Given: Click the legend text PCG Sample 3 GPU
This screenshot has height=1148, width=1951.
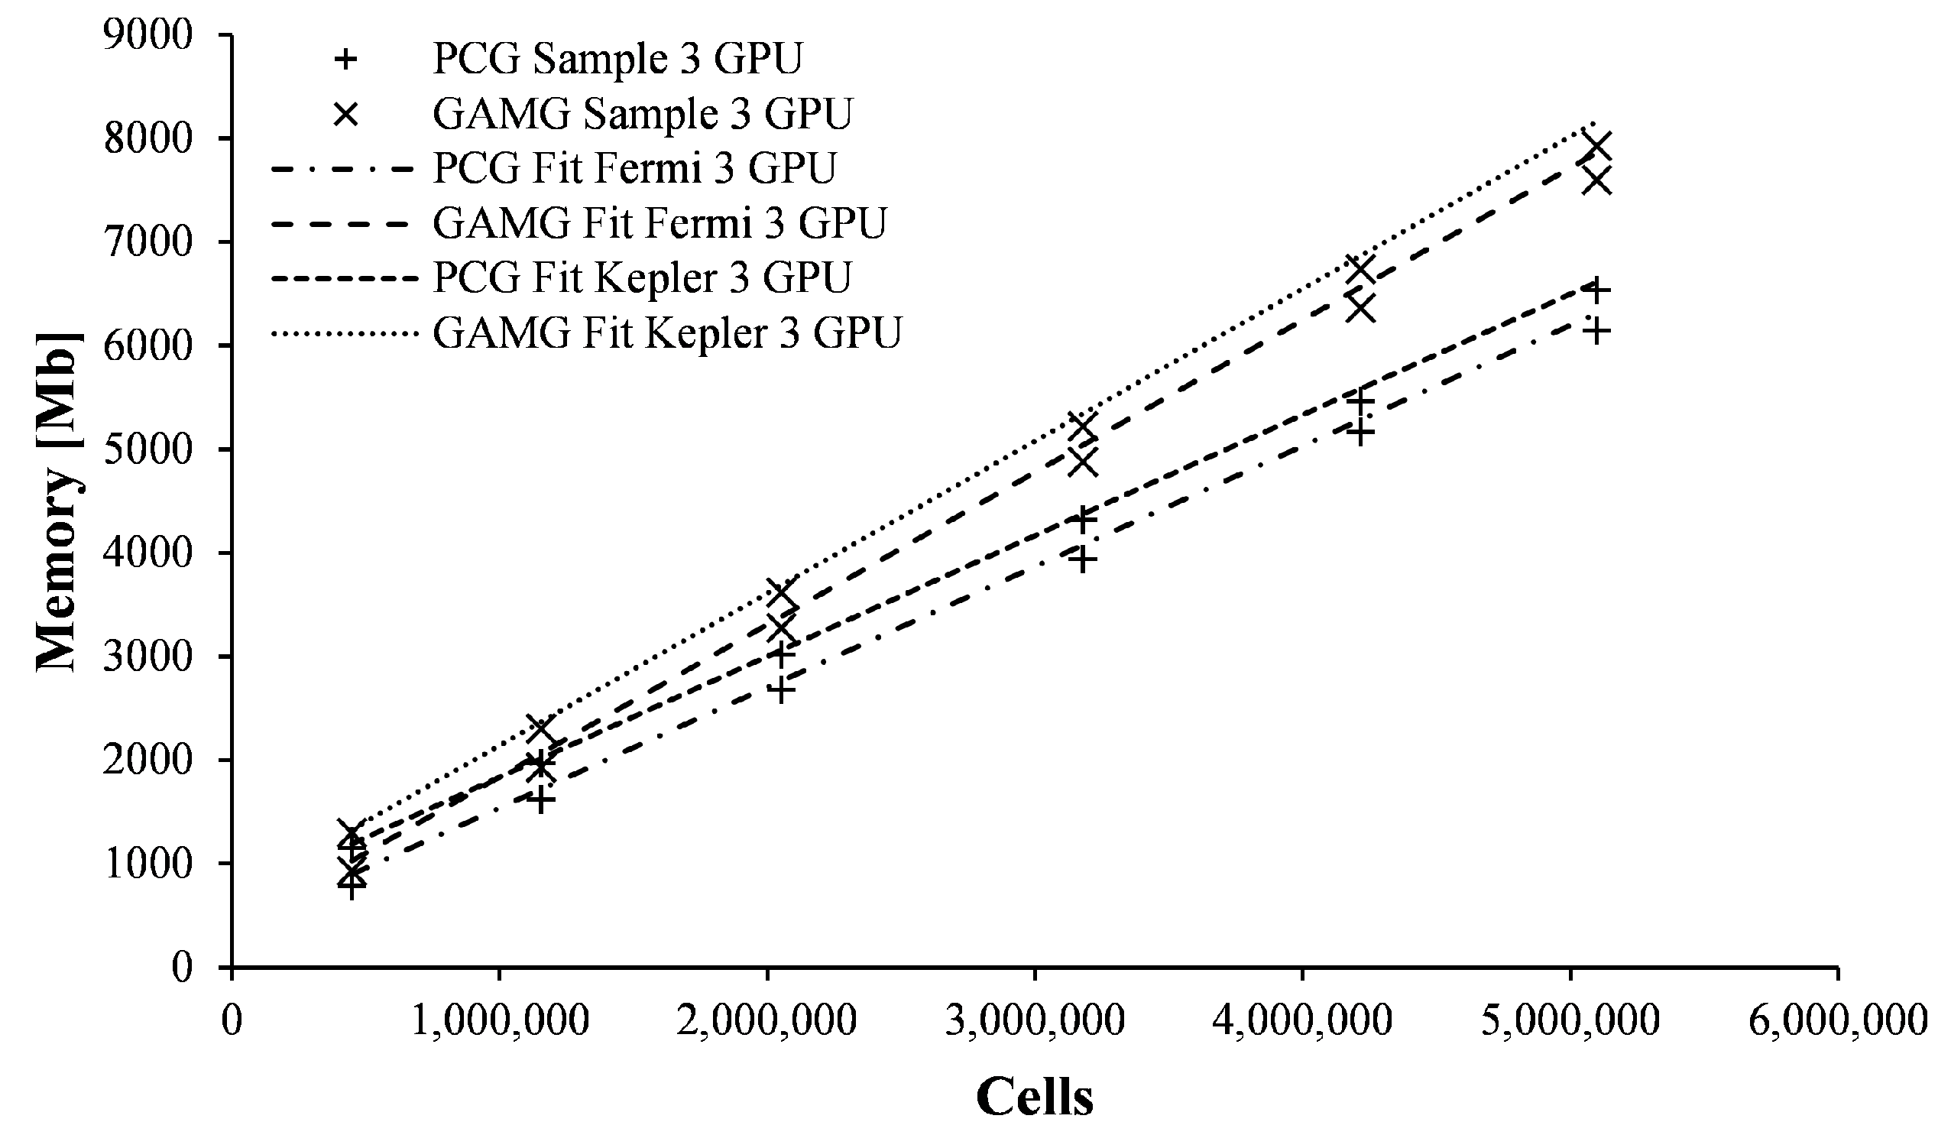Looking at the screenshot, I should (x=617, y=59).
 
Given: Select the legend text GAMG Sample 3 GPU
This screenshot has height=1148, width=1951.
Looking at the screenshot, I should (x=643, y=114).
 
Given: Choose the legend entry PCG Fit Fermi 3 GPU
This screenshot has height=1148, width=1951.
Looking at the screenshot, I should (x=634, y=169).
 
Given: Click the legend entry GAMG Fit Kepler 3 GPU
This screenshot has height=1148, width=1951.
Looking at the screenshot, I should (x=666, y=334).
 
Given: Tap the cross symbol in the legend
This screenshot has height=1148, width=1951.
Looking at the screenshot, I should (x=346, y=115).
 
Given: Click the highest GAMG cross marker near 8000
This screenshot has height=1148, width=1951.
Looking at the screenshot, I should (x=1596, y=145).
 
